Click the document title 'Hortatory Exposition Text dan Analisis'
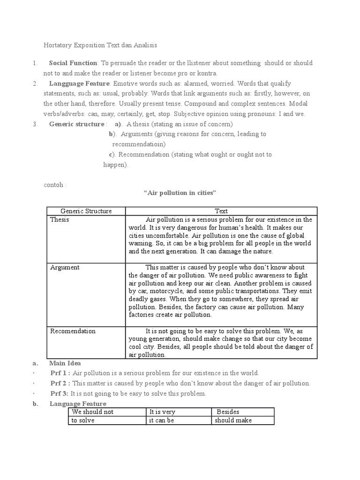click(x=100, y=45)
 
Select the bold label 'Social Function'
click(x=73, y=63)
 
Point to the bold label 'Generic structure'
click(x=76, y=124)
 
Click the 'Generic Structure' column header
click(x=86, y=211)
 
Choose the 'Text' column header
click(x=221, y=211)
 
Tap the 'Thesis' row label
click(x=60, y=220)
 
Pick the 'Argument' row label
click(x=64, y=268)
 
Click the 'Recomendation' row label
click(x=73, y=331)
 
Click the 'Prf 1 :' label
click(x=60, y=373)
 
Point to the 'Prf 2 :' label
click(x=60, y=383)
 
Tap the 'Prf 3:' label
click(x=60, y=394)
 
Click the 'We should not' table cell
click(x=92, y=412)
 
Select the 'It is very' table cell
click(x=162, y=412)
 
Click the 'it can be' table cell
click(x=162, y=420)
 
